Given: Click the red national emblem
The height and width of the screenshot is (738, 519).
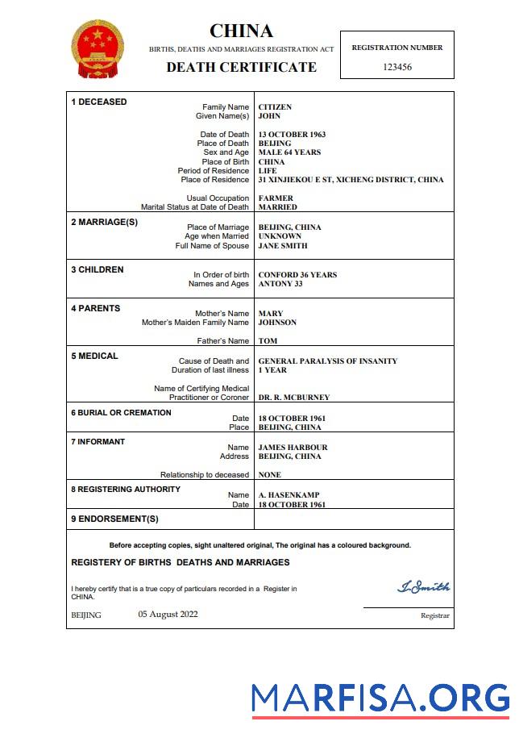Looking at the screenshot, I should pyautogui.click(x=98, y=49).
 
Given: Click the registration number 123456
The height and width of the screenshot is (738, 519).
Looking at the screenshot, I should pyautogui.click(x=397, y=67).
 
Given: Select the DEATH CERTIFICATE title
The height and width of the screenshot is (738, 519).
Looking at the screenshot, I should pyautogui.click(x=241, y=67).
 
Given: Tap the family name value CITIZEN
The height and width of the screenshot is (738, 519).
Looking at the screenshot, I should pyautogui.click(x=275, y=107).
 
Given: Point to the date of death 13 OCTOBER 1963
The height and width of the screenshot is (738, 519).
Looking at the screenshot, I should pyautogui.click(x=292, y=135).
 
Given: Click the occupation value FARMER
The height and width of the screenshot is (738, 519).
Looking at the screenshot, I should pyautogui.click(x=276, y=198).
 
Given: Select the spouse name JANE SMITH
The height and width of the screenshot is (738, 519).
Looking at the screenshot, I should pyautogui.click(x=282, y=246).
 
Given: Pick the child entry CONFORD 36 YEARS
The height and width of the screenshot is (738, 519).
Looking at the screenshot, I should pyautogui.click(x=297, y=275).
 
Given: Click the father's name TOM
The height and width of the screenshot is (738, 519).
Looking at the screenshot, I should pyautogui.click(x=268, y=341).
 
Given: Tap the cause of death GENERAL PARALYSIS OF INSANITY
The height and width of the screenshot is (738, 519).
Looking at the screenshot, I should pyautogui.click(x=327, y=361).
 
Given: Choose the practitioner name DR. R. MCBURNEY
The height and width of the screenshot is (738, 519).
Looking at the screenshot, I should pyautogui.click(x=293, y=398).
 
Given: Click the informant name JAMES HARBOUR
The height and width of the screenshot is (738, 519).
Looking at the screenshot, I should pyautogui.click(x=293, y=448).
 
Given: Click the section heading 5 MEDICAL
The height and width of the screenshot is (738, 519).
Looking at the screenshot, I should pyautogui.click(x=94, y=356).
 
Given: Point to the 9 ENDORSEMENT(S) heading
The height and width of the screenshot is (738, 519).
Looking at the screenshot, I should pyautogui.click(x=114, y=519).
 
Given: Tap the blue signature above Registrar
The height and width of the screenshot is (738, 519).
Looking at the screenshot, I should pyautogui.click(x=423, y=587).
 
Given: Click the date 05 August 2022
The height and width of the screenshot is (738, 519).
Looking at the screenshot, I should pyautogui.click(x=168, y=615).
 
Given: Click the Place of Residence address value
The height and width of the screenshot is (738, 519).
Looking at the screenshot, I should pyautogui.click(x=351, y=180).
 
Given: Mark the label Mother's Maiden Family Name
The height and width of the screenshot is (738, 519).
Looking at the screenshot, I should pyautogui.click(x=195, y=323).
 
